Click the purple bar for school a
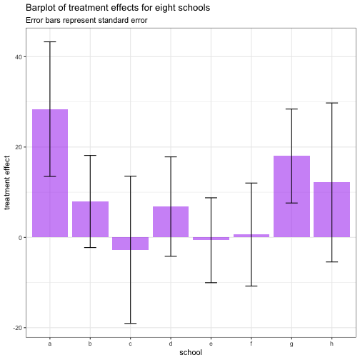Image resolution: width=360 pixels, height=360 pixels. (x=50, y=173)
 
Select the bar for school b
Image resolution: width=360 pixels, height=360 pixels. (x=90, y=219)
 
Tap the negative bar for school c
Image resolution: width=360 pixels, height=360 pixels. (x=131, y=244)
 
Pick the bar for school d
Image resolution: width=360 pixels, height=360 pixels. (x=171, y=221)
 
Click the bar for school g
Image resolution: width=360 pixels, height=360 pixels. (x=291, y=196)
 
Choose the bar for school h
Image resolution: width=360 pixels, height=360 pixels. (x=332, y=209)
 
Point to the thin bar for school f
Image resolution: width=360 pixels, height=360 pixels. (x=251, y=236)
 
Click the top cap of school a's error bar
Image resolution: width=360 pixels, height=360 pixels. (x=50, y=42)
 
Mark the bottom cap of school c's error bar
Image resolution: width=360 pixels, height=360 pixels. (x=131, y=324)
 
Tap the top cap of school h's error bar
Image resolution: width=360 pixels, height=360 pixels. (x=332, y=103)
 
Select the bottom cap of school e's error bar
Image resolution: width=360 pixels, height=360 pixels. (x=211, y=283)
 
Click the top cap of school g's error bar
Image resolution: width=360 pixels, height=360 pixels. (x=291, y=109)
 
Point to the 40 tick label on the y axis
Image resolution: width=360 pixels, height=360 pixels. (x=19, y=57)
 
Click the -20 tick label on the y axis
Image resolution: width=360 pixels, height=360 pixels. (x=17, y=328)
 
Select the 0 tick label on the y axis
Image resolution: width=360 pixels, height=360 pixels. (x=20, y=238)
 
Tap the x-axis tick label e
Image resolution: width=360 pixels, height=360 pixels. (x=211, y=344)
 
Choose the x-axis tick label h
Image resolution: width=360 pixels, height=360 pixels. (x=331, y=344)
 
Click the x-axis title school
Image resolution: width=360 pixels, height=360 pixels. (x=191, y=352)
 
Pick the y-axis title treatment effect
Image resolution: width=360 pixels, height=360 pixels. (x=7, y=183)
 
